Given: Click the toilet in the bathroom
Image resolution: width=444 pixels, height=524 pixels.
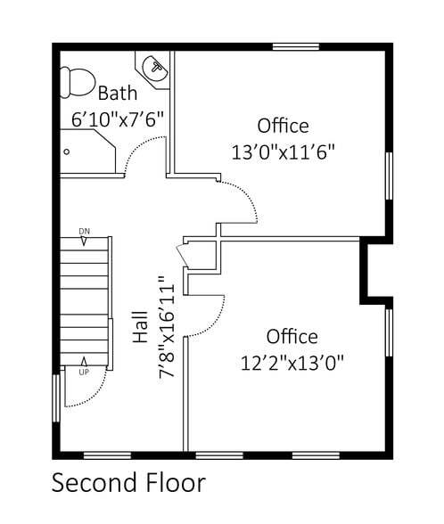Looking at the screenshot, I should [77, 83].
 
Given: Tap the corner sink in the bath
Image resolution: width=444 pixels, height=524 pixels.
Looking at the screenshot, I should [155, 68].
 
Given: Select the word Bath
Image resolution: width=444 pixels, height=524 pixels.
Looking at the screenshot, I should [118, 93].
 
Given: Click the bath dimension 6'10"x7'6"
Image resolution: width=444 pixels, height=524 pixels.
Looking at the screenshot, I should [118, 118].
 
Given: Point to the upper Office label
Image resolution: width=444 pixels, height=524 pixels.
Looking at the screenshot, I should [283, 126].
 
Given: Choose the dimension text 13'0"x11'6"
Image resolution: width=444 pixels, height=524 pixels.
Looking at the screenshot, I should [283, 151].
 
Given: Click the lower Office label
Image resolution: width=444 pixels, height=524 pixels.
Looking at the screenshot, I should [292, 336].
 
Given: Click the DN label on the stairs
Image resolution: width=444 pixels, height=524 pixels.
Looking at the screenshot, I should [84, 232].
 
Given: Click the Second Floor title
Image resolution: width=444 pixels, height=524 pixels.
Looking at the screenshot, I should [128, 483].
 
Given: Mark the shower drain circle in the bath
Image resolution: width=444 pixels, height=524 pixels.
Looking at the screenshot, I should [66, 151].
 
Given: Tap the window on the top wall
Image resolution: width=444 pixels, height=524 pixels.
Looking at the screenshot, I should [296, 46].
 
